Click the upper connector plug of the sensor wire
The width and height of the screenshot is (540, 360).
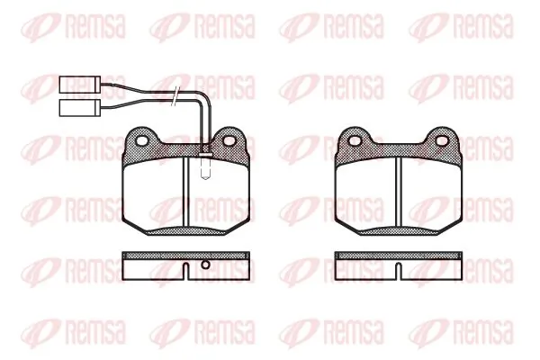point(80,85)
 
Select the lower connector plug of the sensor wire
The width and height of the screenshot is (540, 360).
point(80,108)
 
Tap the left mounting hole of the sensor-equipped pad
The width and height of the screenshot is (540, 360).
point(142,140)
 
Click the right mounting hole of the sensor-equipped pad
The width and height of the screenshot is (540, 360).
point(229,140)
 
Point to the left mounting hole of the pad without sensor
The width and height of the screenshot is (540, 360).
point(355,140)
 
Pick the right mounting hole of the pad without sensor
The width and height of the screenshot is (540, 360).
point(442,140)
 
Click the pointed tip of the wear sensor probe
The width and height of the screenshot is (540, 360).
point(205,179)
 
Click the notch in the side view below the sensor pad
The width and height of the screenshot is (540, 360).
point(186,272)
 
